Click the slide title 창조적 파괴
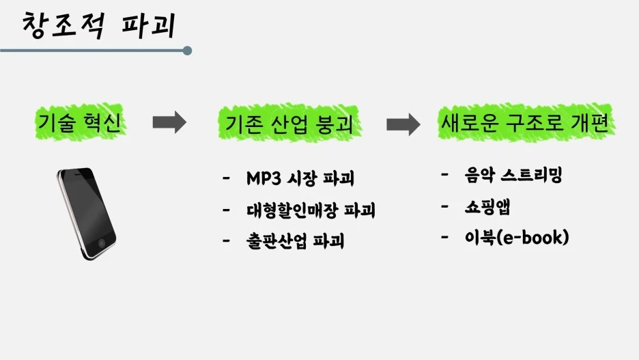tap(100, 25)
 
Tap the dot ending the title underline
tap(188, 51)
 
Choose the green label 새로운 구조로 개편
tap(525, 123)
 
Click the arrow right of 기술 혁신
tap(169, 123)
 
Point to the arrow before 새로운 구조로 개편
tap(403, 124)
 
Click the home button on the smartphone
tap(102, 243)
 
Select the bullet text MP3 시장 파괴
tap(300, 180)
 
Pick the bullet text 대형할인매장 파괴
tap(311, 210)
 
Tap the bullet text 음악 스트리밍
tap(512, 176)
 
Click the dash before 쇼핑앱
tap(445, 206)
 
